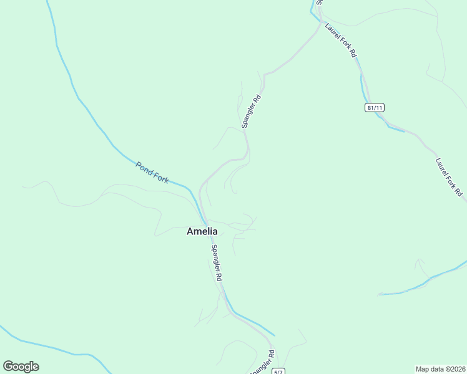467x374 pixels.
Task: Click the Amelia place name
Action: [202, 231]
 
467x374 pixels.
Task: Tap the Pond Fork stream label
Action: [152, 172]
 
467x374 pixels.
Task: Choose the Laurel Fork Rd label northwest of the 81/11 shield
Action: [340, 41]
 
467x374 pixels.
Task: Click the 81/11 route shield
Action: [375, 108]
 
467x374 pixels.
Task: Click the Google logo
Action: [21, 367]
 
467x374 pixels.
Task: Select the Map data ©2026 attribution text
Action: [440, 369]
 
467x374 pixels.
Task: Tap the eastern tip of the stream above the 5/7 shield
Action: [274, 335]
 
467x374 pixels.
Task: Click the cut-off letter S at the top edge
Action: [318, 2]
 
